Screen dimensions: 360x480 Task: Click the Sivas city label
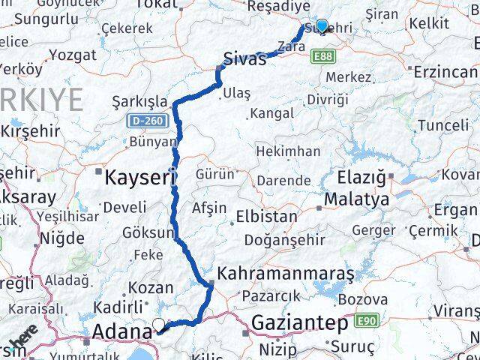[244, 58]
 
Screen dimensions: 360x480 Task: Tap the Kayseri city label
[140, 178]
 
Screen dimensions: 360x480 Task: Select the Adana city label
[121, 331]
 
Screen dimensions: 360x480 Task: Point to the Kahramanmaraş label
[286, 273]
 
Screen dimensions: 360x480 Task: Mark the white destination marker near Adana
[159, 325]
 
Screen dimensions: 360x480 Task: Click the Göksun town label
[148, 233]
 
